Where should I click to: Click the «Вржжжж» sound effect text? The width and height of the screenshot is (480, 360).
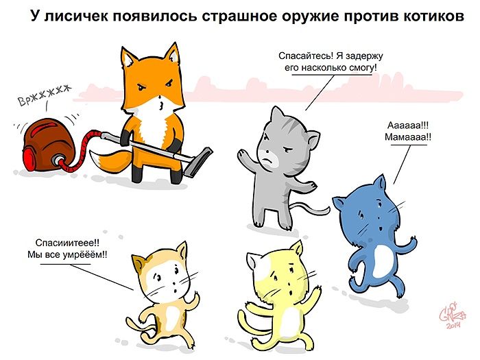click(44, 95)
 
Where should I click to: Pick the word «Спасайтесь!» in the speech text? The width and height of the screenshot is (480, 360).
click(306, 56)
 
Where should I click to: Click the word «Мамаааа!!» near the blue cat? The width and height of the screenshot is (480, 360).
click(408, 136)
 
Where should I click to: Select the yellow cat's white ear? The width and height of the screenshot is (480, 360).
click(254, 261)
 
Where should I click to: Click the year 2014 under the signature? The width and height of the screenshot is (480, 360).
click(454, 326)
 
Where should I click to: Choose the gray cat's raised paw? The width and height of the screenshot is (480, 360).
click(243, 154)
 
